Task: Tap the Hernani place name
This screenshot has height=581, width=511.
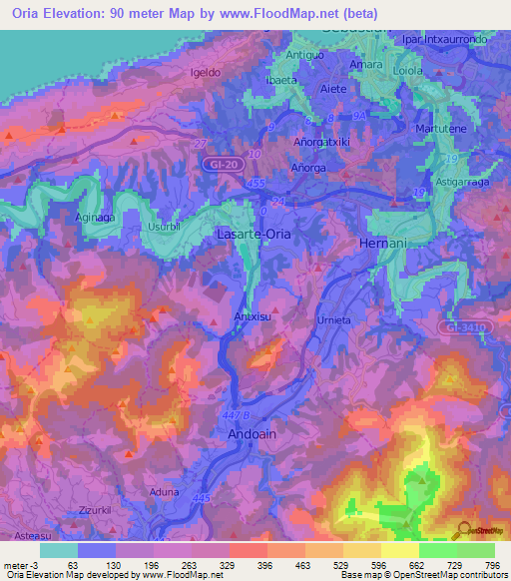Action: click(379, 244)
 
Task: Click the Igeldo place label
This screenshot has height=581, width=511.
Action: click(206, 73)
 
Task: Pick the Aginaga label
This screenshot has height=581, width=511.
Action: click(97, 216)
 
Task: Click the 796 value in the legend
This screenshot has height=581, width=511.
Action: click(492, 565)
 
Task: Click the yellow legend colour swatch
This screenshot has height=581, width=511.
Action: click(401, 550)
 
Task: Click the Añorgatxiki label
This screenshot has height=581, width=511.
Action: click(321, 143)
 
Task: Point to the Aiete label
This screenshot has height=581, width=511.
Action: click(332, 89)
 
